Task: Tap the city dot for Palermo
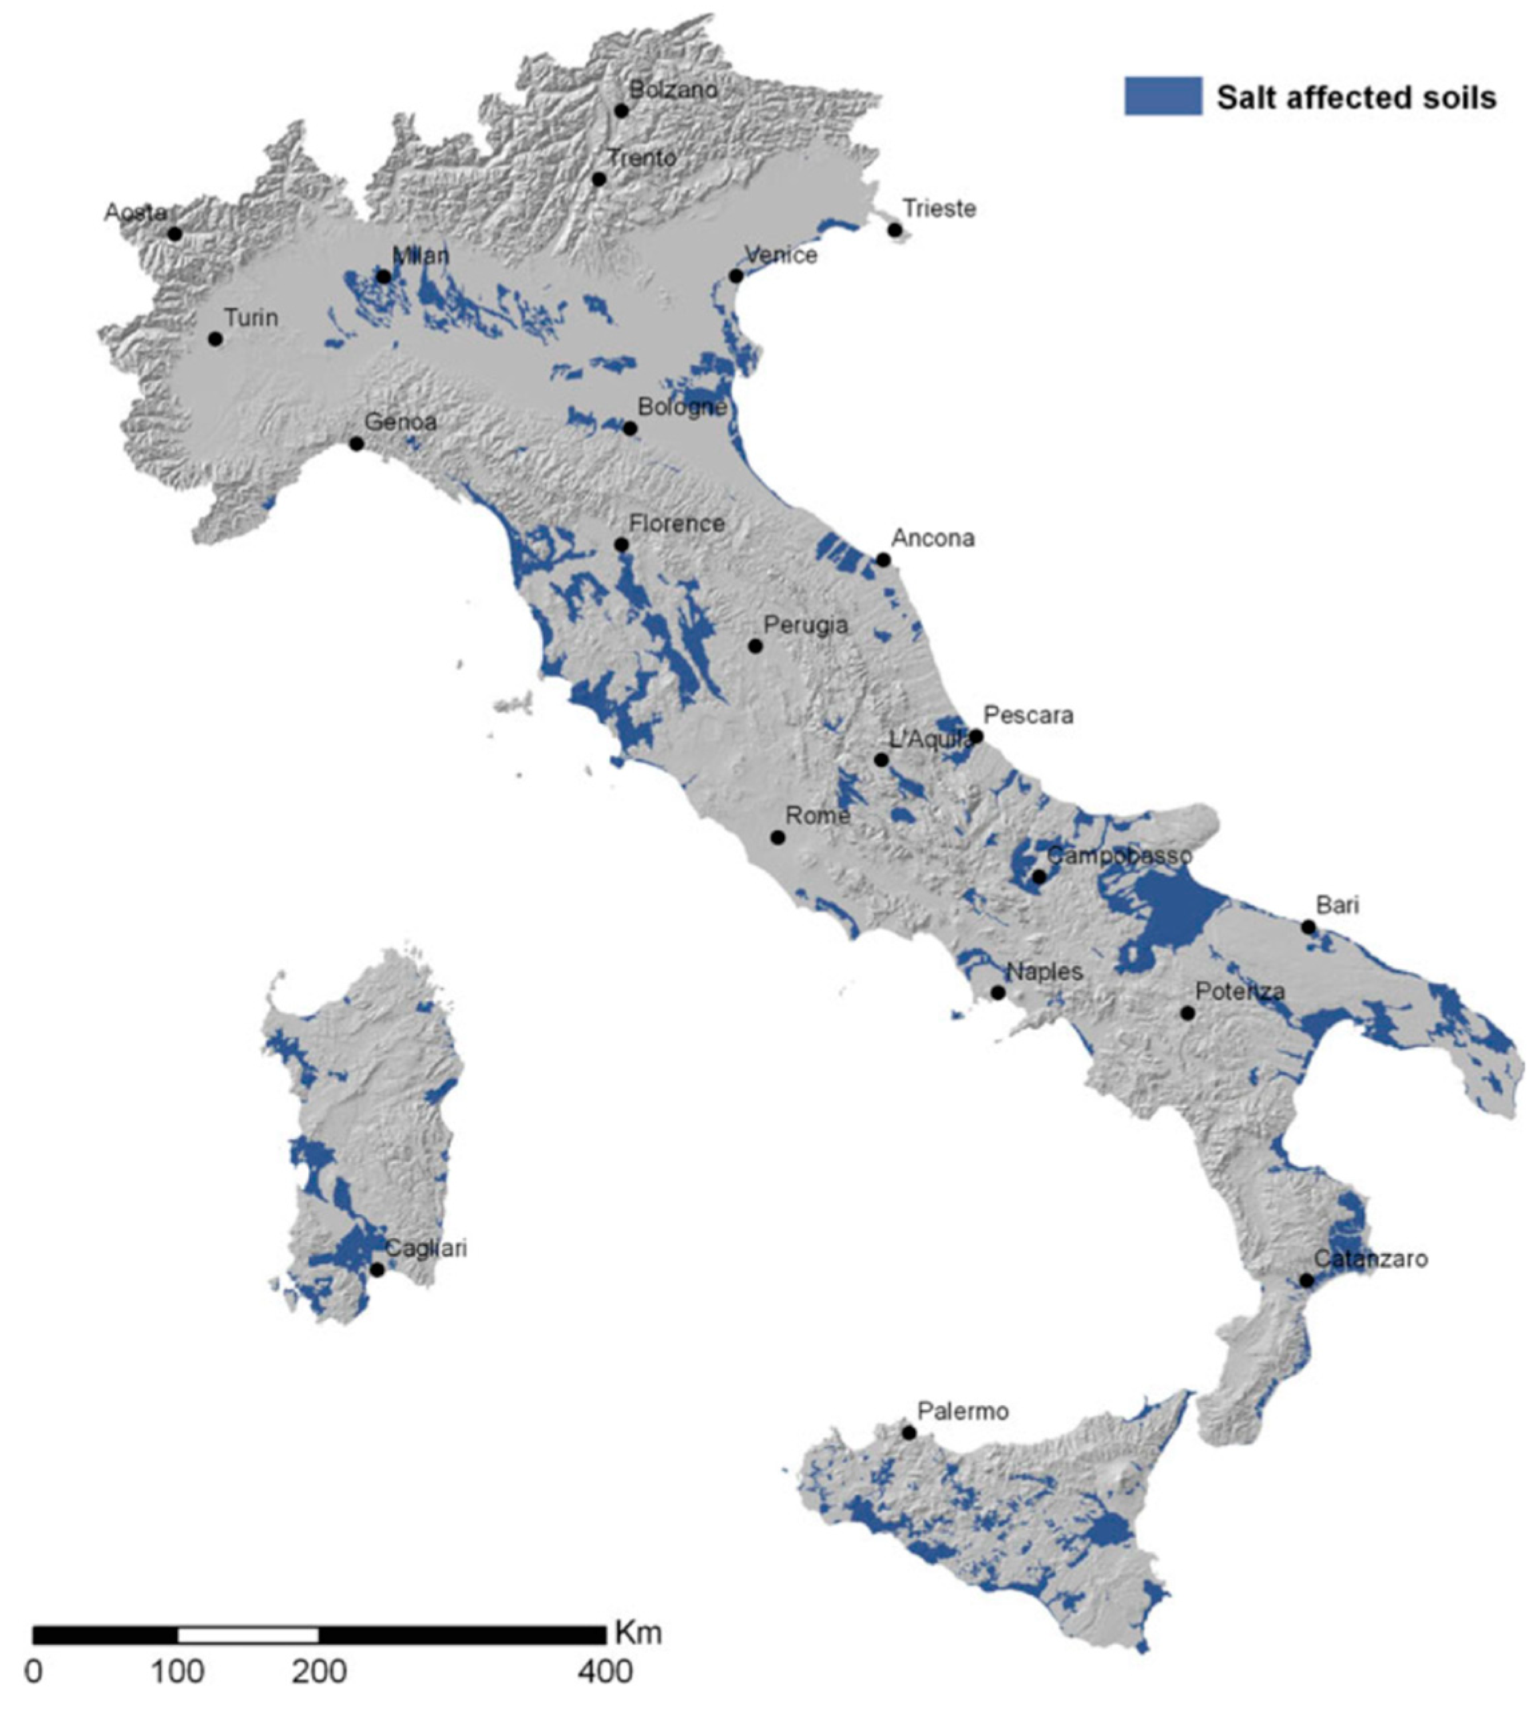coord(909,1432)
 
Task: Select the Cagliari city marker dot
coord(377,1270)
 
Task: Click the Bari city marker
coord(1308,927)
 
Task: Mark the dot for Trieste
coord(895,230)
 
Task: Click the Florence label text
coord(677,524)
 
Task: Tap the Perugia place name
coord(805,625)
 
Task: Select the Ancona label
coord(933,538)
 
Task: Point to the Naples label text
coord(1044,972)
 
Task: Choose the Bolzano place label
coord(673,90)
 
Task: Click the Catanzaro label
coord(1370,1259)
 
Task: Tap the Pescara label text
coord(1028,715)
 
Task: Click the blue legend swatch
coord(1163,96)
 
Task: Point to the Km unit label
coord(638,1632)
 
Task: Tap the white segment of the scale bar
coord(248,1635)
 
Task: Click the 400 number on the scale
coord(606,1672)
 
